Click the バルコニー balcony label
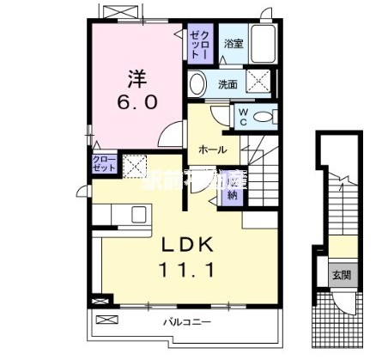[x=182, y=321]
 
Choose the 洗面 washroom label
[x=227, y=84]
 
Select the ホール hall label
[x=212, y=149]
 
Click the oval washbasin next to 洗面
[x=198, y=84]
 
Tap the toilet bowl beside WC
[x=264, y=116]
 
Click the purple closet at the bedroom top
[x=198, y=42]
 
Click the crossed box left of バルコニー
[x=105, y=320]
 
